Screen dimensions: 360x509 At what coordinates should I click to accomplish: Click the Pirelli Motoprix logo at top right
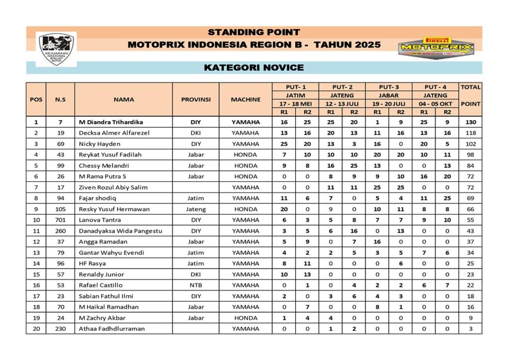point(437,48)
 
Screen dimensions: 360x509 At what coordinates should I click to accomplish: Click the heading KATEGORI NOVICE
point(254,68)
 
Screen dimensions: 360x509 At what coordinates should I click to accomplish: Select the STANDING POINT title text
point(254,32)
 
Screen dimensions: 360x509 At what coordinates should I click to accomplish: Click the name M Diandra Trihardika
point(111,122)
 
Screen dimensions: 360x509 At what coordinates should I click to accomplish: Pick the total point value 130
point(470,122)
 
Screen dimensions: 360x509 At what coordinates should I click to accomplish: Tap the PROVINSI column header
point(196,99)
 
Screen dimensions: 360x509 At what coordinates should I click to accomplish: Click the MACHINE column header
point(246,99)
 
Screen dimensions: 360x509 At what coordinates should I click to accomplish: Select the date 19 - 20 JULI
point(389,104)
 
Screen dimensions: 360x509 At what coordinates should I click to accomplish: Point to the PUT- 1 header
point(295,87)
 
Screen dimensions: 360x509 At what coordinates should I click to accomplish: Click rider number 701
point(60,220)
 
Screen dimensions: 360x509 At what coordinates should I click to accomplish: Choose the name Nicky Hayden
point(99,144)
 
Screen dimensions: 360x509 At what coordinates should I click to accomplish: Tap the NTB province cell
point(196,285)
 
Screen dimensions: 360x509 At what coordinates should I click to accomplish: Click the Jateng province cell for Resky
point(196,209)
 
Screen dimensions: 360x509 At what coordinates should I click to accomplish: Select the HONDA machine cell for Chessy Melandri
point(246,166)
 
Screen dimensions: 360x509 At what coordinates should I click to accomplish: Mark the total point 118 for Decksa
point(470,133)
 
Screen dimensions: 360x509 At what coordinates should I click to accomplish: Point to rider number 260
point(60,231)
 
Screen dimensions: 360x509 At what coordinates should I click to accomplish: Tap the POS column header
point(36,99)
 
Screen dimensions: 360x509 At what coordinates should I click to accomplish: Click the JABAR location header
point(389,95)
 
